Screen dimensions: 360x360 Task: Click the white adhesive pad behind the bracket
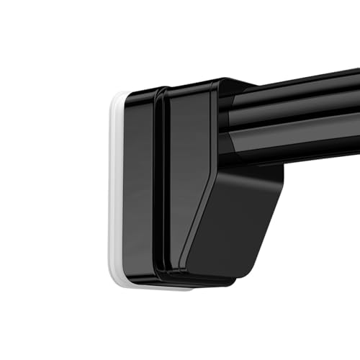pyautogui.click(x=115, y=187)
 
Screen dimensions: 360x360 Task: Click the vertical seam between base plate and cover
pyautogui.click(x=156, y=187)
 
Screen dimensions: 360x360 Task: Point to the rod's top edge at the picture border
pyautogui.click(x=356, y=71)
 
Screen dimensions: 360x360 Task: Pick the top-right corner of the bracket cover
pyautogui.click(x=216, y=81)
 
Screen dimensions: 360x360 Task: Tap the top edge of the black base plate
pyautogui.click(x=140, y=91)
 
